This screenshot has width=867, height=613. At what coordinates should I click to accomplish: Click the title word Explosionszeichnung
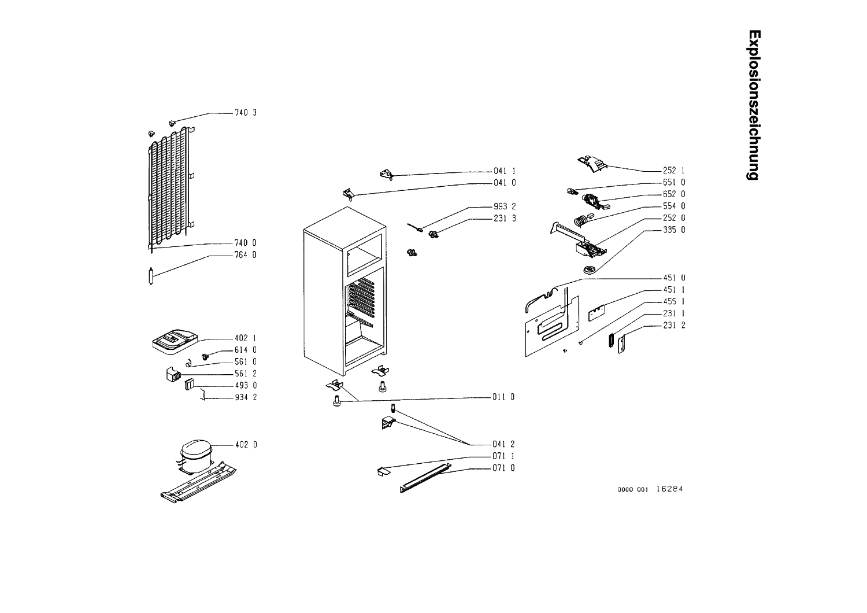pos(754,105)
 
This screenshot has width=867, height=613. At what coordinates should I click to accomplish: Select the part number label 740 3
pos(246,113)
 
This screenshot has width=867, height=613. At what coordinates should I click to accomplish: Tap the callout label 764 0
pos(246,255)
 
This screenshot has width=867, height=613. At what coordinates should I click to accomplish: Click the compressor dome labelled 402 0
pos(197,450)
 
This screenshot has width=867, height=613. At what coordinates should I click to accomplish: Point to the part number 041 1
pos(505,171)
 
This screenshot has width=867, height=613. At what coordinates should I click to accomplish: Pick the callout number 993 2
pos(505,206)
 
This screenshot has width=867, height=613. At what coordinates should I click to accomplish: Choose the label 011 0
pos(503,397)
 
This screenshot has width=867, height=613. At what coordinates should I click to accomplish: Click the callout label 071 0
pos(503,468)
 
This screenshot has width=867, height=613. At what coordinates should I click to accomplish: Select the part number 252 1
pos(674,171)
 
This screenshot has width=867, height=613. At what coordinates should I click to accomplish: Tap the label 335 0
pos(674,230)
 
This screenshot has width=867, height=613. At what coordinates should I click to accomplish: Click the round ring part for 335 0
pos(589,269)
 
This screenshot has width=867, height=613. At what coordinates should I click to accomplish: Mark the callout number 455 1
pos(674,301)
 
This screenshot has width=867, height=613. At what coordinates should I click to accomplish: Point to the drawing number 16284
pos(669,489)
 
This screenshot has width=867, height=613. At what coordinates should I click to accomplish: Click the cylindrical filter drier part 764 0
pos(151,276)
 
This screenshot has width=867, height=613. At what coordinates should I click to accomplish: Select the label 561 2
pos(246,374)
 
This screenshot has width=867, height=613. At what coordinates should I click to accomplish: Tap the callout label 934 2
pos(246,397)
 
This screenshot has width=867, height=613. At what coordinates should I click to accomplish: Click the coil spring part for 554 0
pos(579,220)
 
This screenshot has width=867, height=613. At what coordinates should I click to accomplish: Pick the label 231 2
pos(674,325)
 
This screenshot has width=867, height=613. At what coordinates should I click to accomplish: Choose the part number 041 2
pos(503,444)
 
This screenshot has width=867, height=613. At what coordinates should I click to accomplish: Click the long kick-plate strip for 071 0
pos(426,478)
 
